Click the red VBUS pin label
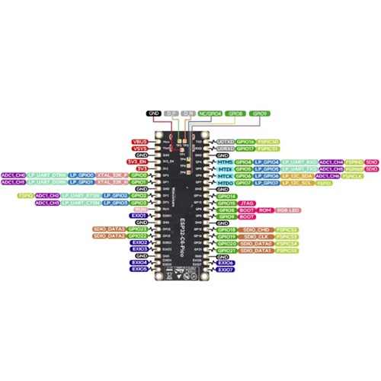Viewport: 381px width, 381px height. pyautogui.click(x=139, y=141)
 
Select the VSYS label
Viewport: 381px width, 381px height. pyautogui.click(x=139, y=148)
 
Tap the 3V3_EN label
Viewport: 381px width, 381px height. pyautogui.click(x=138, y=162)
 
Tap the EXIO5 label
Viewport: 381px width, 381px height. pyautogui.click(x=139, y=269)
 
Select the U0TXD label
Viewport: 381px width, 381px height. pyautogui.click(x=226, y=141)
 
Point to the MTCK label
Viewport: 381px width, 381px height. pyautogui.click(x=225, y=176)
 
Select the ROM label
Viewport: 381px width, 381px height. pyautogui.click(x=265, y=210)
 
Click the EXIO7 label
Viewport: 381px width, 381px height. pyautogui.click(x=226, y=269)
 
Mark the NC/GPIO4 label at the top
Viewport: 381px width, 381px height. pyautogui.click(x=210, y=114)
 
